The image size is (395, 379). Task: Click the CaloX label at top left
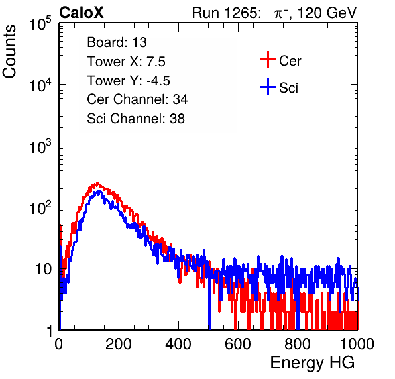[82, 13]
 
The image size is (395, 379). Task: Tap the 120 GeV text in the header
[327, 13]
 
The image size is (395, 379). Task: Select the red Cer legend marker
[268, 60]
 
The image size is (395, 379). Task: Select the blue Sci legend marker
[268, 87]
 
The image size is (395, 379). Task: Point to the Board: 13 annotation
[117, 42]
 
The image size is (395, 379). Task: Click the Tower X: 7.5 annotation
[126, 62]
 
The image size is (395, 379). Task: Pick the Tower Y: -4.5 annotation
[129, 81]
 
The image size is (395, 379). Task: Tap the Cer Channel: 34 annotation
[137, 99]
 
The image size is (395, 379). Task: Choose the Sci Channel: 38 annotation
[136, 119]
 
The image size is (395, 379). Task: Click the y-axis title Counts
[9, 52]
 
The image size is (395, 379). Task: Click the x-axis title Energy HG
[312, 363]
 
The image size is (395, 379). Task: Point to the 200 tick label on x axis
[119, 344]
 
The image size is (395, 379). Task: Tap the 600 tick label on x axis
[238, 344]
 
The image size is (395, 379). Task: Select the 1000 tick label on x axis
[357, 344]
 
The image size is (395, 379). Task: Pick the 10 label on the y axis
[44, 269]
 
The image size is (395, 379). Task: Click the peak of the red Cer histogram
[97, 183]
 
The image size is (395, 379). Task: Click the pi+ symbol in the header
[281, 13]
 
